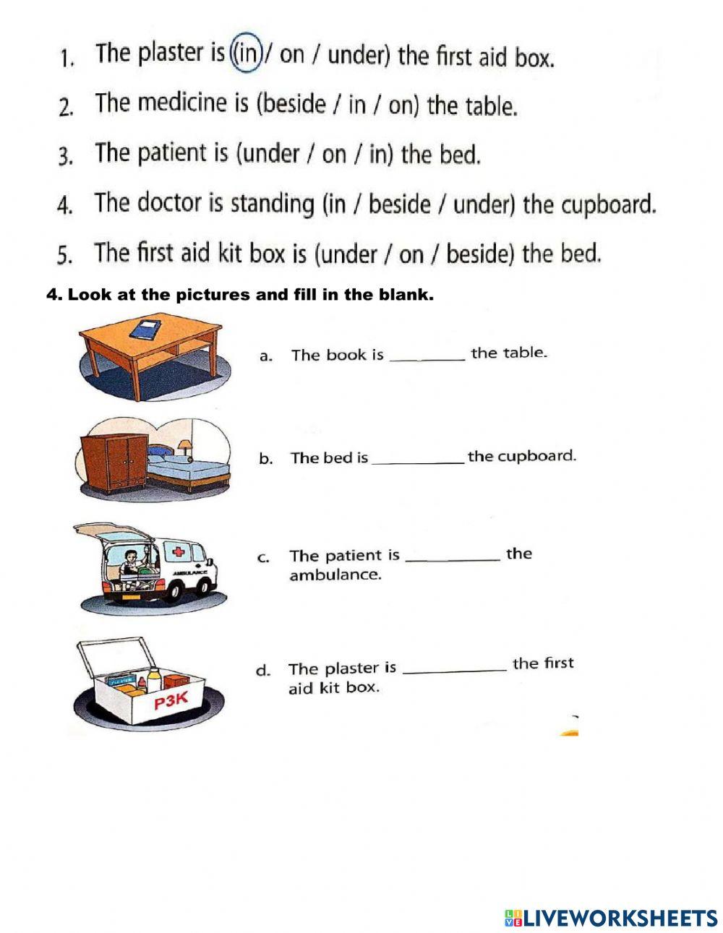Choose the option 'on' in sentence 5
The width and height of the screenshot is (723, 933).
(411, 254)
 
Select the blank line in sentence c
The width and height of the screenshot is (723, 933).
(453, 559)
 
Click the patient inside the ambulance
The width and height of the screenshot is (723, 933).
(131, 564)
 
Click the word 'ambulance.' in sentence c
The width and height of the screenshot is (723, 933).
(335, 575)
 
